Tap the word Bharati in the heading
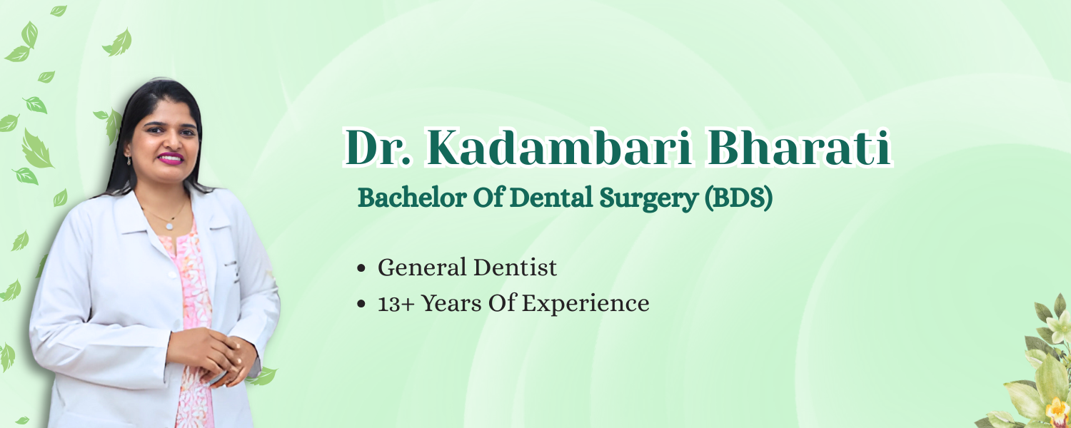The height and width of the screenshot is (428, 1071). [x=798, y=148]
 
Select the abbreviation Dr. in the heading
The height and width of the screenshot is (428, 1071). [x=378, y=148]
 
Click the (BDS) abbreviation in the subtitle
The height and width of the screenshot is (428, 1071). [x=738, y=198]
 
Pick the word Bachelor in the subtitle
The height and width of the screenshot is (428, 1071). [x=412, y=197]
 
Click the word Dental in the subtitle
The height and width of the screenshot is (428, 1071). [x=551, y=197]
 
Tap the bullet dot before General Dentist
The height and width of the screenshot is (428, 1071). [x=361, y=268]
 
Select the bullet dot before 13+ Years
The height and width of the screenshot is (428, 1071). [x=361, y=304]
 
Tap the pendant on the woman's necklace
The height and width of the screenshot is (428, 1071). [x=169, y=226]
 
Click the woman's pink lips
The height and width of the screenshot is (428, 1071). [x=171, y=158]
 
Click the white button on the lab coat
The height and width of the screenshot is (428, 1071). [x=171, y=275]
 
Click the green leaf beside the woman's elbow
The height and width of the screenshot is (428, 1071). [x=262, y=377]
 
